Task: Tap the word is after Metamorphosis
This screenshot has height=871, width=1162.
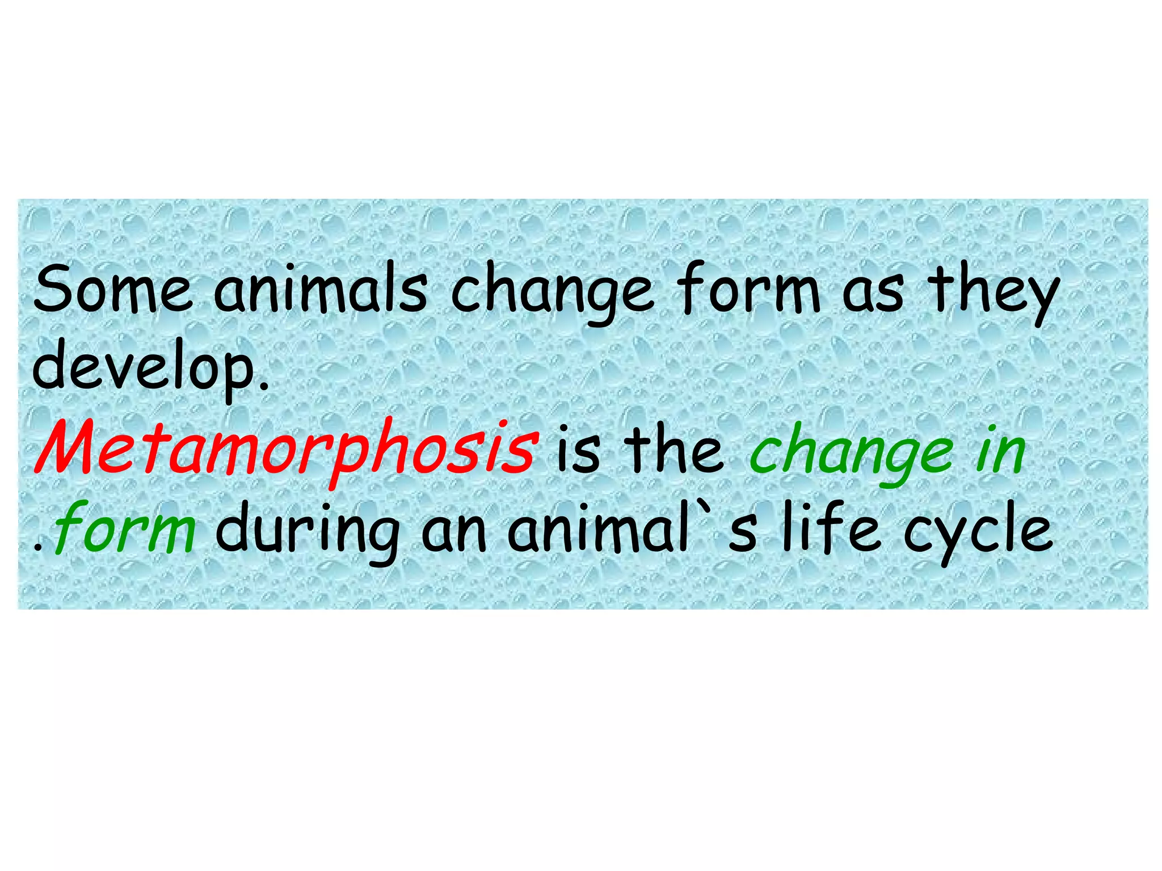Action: tap(578, 451)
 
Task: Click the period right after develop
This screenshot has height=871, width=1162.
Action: tap(262, 388)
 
